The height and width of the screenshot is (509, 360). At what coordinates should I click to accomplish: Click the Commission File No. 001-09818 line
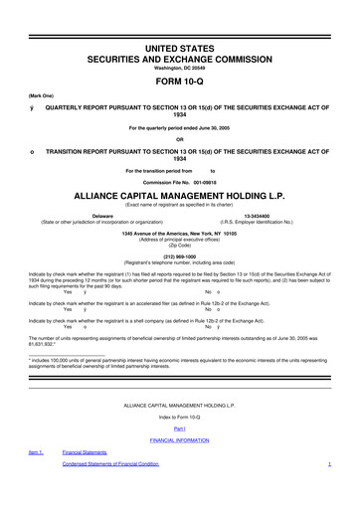coord(180,183)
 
